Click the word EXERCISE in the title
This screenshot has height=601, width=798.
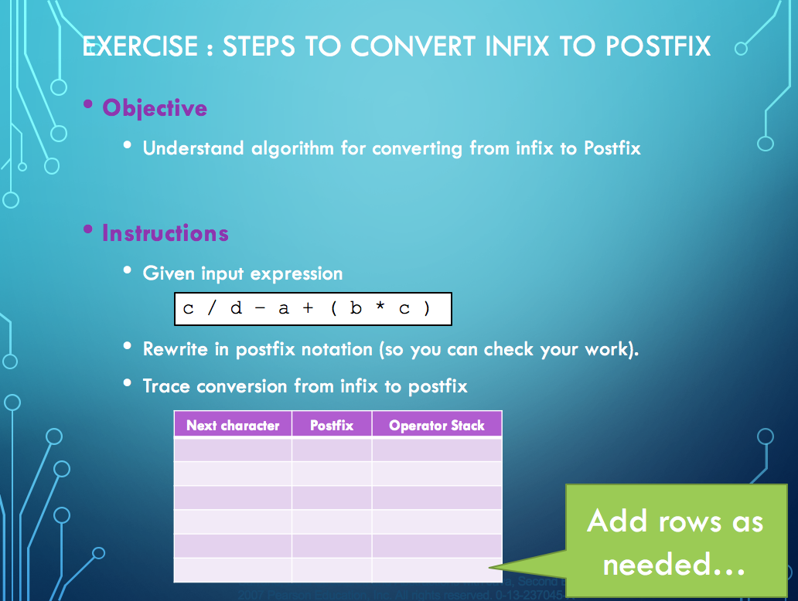point(141,46)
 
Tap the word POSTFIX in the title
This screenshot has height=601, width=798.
point(658,46)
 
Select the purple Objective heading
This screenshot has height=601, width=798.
point(155,107)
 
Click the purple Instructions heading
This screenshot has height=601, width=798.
point(165,233)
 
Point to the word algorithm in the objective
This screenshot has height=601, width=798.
point(293,148)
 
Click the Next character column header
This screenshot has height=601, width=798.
point(233,425)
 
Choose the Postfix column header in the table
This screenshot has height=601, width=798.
point(332,425)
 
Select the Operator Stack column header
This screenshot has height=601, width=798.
point(437,425)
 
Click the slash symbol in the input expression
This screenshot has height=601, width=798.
point(213,309)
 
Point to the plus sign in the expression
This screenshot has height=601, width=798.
point(308,309)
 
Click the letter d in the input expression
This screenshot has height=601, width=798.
point(236,309)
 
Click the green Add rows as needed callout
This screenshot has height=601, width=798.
point(674,542)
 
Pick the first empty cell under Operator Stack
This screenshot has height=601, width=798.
point(437,450)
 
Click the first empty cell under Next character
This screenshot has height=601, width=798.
point(233,450)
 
